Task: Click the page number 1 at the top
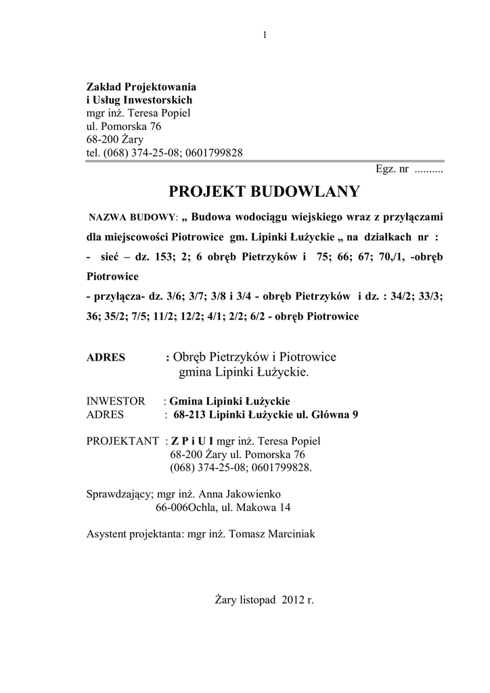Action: click(264, 35)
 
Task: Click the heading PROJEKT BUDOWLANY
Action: click(264, 192)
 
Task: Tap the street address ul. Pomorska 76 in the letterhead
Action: click(124, 127)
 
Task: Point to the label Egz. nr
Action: click(392, 169)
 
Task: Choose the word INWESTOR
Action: click(116, 401)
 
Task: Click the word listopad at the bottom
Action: click(258, 600)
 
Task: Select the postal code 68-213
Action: click(190, 414)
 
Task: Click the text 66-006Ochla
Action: click(187, 507)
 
